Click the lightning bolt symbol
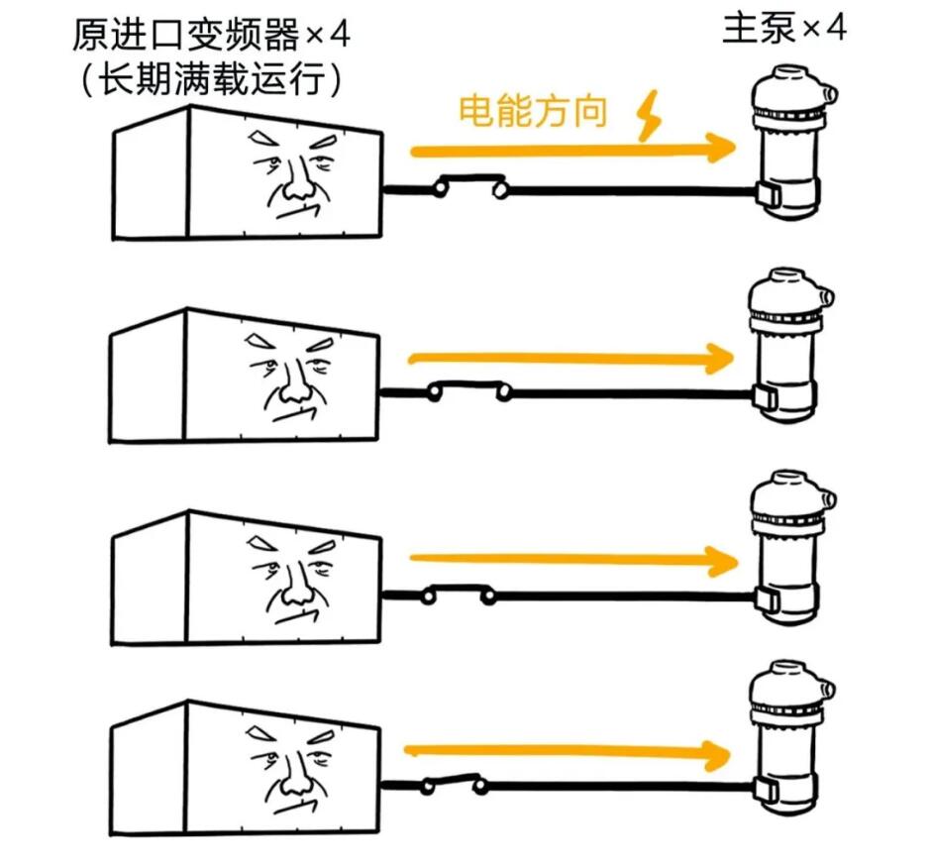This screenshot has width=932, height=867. (x=649, y=117)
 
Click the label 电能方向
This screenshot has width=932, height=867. (x=532, y=111)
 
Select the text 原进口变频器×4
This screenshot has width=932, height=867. (x=211, y=37)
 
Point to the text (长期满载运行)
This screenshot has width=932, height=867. (x=211, y=80)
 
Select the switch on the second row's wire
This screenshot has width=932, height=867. (x=468, y=390)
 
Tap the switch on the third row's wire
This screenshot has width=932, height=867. (x=458, y=594)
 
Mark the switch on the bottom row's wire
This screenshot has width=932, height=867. (x=451, y=784)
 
